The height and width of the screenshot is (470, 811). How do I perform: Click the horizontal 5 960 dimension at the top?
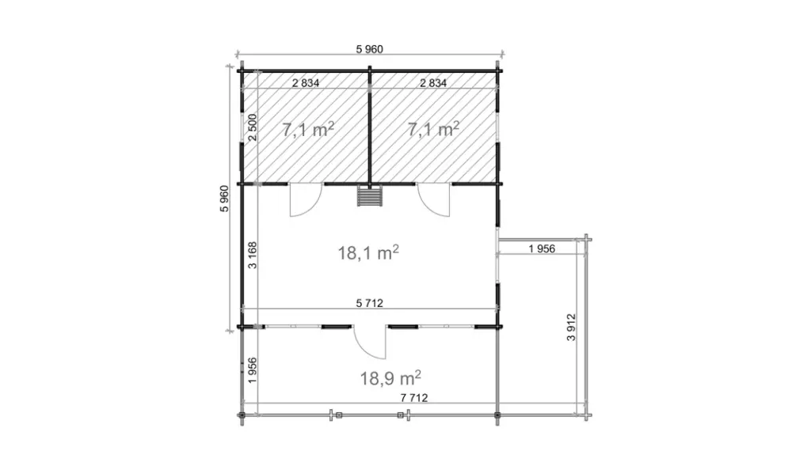point(369,49)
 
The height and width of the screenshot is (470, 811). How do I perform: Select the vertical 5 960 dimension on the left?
point(224,199)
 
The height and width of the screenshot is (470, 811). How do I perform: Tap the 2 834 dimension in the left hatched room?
point(306,82)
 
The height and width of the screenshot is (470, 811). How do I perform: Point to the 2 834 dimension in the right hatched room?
point(433,82)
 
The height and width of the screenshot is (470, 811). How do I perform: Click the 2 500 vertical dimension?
point(253,127)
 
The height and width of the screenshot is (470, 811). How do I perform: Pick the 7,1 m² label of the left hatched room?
point(308,129)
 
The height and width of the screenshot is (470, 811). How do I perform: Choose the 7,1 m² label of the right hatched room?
point(433,129)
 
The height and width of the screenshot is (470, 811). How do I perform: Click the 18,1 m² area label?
point(368,252)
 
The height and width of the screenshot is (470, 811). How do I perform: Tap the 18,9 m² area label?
point(390,378)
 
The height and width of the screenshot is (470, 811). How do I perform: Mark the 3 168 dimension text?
point(253,255)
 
